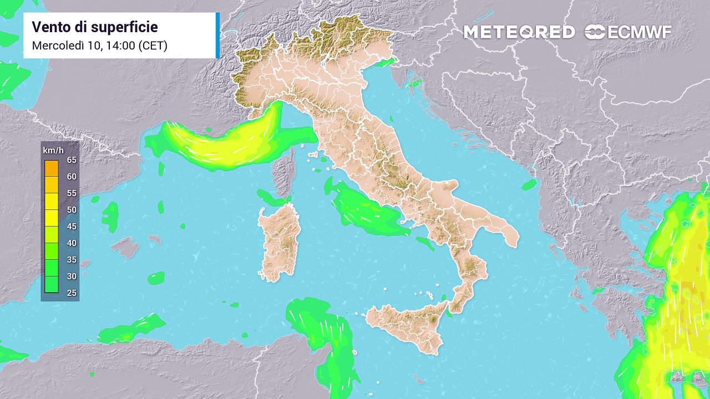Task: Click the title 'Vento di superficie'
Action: (95, 27)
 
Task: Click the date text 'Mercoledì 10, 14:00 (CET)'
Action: (100, 45)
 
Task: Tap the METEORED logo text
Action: (519, 32)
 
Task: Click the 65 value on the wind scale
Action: (72, 160)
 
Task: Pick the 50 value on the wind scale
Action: (72, 209)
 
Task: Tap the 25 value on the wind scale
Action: (72, 293)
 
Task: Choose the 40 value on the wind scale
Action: (72, 243)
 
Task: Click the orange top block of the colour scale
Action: (52, 168)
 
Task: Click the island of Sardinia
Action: (280, 241)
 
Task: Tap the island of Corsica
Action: (285, 172)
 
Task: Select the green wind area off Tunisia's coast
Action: (322, 332)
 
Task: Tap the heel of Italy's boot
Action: (508, 233)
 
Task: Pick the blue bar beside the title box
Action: (217, 35)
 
